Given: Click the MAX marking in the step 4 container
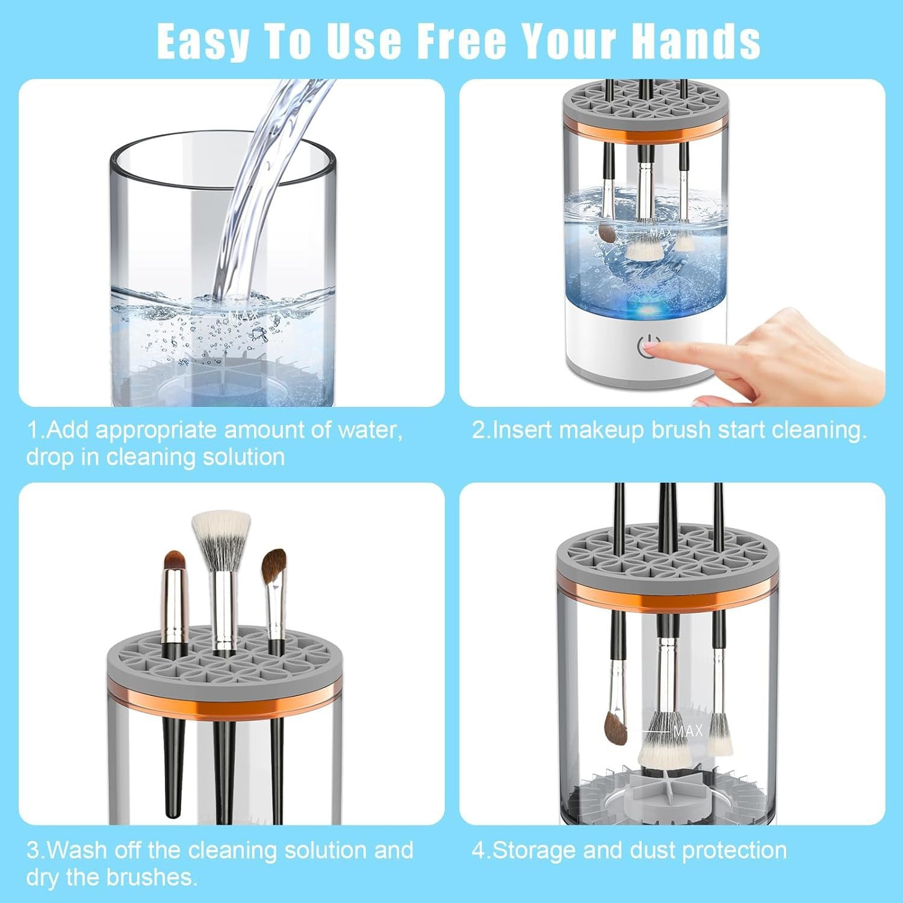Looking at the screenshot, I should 687,731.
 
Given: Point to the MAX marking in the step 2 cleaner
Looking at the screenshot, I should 660,232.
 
